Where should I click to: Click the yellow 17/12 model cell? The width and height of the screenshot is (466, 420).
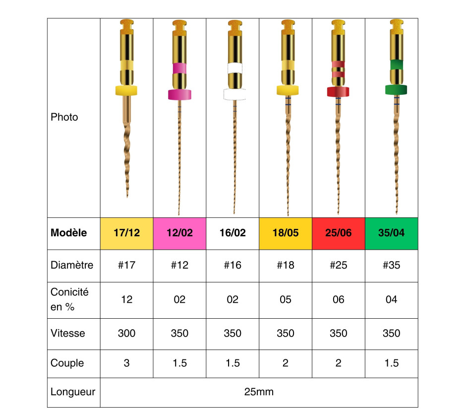(x=126, y=233)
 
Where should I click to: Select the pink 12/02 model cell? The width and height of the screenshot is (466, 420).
(x=179, y=233)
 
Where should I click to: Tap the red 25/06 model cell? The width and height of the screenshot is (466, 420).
(x=339, y=233)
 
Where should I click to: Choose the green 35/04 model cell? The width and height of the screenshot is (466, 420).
(x=392, y=233)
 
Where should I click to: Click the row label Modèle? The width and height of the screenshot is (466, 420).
(x=68, y=233)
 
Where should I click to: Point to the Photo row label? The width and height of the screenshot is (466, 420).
(x=64, y=117)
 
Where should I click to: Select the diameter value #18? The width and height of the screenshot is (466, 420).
(x=286, y=265)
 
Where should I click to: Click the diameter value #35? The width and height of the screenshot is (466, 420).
(x=392, y=265)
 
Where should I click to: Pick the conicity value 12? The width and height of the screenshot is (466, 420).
(x=126, y=299)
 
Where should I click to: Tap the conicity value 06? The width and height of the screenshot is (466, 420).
(x=339, y=299)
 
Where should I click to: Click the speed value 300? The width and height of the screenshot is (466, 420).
(x=126, y=333)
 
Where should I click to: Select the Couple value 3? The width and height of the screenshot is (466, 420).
(x=126, y=363)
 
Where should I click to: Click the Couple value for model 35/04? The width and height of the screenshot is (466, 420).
(x=392, y=363)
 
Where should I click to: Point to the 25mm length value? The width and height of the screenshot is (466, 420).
(x=259, y=392)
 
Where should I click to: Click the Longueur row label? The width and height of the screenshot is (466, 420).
(x=73, y=392)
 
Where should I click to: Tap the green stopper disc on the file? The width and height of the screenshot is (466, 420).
(x=396, y=89)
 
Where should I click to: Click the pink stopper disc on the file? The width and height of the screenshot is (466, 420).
(x=179, y=94)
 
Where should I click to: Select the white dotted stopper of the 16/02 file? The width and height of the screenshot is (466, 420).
(x=235, y=94)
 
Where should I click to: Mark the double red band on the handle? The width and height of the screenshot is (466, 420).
(x=338, y=69)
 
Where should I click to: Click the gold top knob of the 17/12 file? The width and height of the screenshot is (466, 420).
(x=126, y=24)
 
